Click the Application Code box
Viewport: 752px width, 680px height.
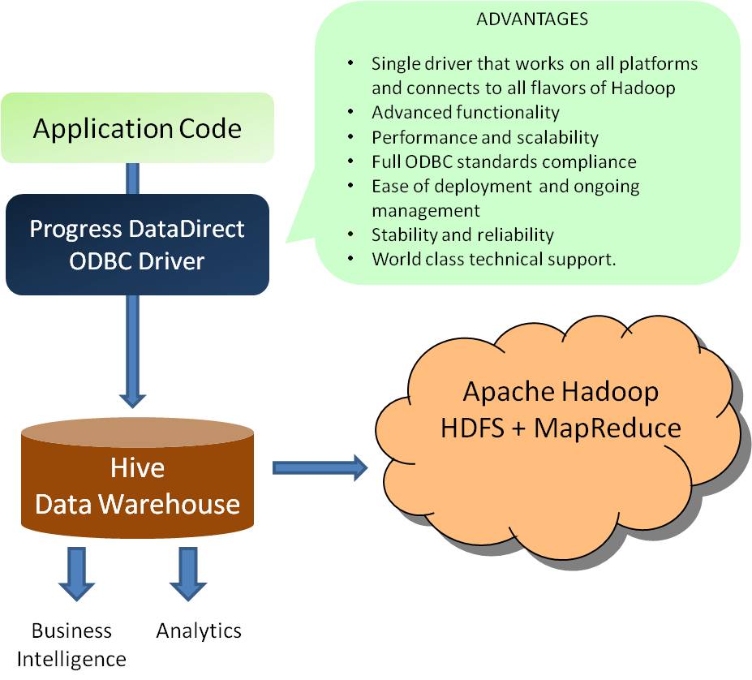tap(137, 128)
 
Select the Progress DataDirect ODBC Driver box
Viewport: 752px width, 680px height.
tap(137, 244)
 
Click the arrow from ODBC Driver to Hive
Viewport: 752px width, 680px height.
tap(132, 349)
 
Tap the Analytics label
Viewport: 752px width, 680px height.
tap(199, 631)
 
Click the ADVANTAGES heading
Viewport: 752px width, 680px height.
tap(531, 19)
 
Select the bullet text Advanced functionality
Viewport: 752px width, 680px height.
tap(465, 112)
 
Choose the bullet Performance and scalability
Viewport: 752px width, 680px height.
tap(485, 137)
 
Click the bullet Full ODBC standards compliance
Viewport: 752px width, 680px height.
tap(504, 161)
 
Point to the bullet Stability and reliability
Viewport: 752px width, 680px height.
tap(462, 235)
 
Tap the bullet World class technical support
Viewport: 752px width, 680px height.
tap(493, 259)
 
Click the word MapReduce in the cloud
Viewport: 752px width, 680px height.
tap(607, 428)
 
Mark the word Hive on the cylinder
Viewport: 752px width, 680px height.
tap(137, 467)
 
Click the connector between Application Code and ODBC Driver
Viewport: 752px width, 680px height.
tap(132, 179)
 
